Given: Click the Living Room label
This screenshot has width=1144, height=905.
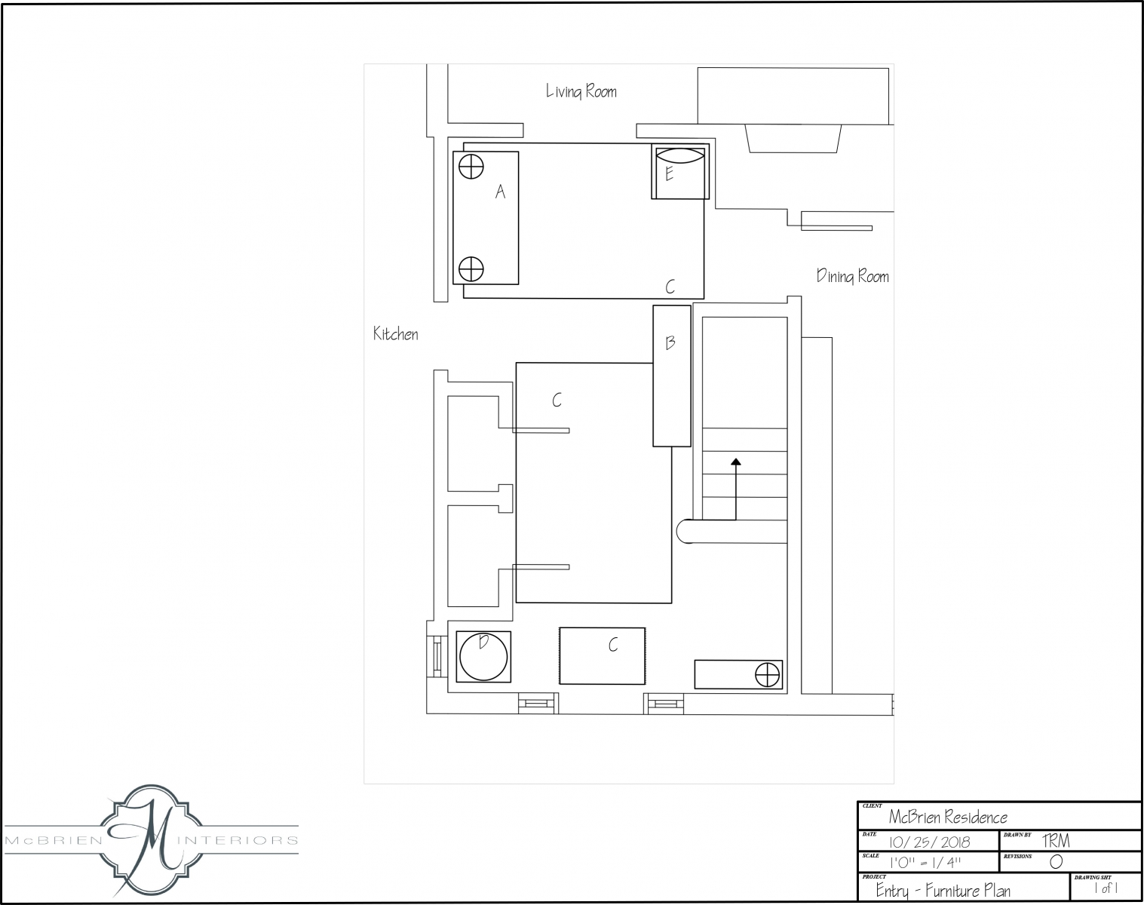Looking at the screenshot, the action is tap(581, 91).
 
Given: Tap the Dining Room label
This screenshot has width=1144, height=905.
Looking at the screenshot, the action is tap(853, 276).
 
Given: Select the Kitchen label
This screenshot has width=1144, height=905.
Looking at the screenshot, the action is tap(395, 333).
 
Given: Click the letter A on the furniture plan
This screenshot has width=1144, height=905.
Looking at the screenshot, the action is tap(500, 192).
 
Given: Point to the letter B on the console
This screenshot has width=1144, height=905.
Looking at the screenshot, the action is tap(670, 342).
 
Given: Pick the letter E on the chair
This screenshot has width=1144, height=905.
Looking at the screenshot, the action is tap(670, 173).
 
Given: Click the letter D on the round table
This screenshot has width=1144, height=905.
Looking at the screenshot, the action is tap(483, 642).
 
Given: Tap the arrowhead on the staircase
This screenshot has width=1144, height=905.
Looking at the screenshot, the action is tap(736, 462).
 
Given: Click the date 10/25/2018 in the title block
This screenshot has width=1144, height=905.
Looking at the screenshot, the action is tap(930, 842).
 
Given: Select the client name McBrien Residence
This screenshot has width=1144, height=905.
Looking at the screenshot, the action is tap(949, 817).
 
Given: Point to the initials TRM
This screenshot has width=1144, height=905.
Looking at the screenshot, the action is tap(1057, 841).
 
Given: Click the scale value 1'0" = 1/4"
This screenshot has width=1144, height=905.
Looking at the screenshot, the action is tap(925, 863).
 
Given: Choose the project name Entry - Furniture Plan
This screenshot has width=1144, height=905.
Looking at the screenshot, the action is tap(943, 890).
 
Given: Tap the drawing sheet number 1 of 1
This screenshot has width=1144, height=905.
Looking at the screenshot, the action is tap(1106, 888).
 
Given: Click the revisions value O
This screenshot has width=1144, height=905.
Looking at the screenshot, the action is tap(1057, 862).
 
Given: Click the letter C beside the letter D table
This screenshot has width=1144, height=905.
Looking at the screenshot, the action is tap(613, 645).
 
